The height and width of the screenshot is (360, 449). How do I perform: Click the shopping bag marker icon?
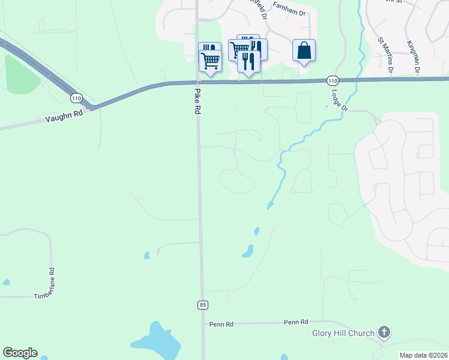[304, 51]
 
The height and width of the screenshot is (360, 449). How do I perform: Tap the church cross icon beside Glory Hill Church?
[384, 332]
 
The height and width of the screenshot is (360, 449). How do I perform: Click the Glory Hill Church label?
[343, 333]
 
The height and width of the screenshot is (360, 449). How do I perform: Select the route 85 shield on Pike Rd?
[202, 305]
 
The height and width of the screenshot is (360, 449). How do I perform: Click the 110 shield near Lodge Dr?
[333, 80]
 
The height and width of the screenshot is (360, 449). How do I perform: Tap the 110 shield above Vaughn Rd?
[76, 97]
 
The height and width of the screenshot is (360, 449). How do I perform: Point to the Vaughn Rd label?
[63, 116]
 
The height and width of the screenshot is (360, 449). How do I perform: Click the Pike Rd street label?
[196, 101]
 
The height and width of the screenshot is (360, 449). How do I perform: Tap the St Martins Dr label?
[385, 55]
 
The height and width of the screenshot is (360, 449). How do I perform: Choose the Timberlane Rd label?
[52, 284]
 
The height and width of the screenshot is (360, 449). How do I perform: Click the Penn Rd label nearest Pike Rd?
[221, 324]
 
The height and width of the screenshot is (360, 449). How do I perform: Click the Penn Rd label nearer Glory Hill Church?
[296, 322]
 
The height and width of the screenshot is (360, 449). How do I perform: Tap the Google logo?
[20, 353]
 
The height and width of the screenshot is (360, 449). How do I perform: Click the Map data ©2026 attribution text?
[423, 355]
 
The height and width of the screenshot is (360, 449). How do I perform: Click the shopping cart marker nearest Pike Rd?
[210, 59]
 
